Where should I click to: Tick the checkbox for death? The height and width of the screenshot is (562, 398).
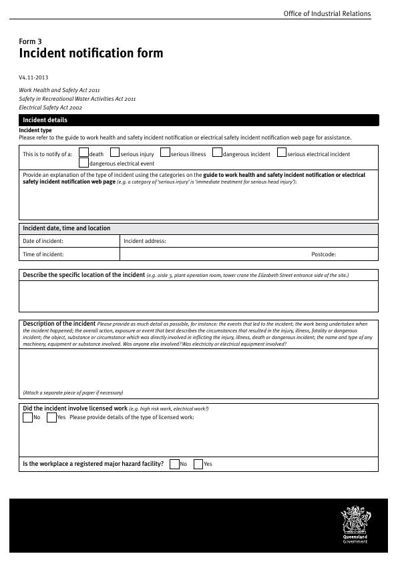tap(83, 153)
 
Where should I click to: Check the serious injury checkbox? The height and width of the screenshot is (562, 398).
tap(115, 153)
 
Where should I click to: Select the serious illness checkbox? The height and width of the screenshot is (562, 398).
tap(166, 153)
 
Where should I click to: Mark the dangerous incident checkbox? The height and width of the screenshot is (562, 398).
tap(217, 153)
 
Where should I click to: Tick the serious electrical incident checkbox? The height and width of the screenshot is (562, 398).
tap(282, 153)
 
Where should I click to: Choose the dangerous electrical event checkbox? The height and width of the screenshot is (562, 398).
tap(83, 162)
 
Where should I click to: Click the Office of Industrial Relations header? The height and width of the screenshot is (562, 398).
tap(327, 13)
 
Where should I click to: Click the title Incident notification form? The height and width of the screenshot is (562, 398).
tap(91, 53)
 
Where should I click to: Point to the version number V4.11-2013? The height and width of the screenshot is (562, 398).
tap(33, 77)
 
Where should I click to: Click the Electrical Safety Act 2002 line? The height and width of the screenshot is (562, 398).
tap(51, 107)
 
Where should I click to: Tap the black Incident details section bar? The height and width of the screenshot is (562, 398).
tap(198, 120)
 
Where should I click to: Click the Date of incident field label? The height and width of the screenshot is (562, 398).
tap(43, 241)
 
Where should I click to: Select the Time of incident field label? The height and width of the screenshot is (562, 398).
tap(43, 254)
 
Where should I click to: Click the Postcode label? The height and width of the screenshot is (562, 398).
tap(323, 254)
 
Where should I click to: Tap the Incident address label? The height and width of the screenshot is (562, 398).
tap(145, 241)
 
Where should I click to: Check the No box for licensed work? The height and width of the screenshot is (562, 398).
tap(27, 417)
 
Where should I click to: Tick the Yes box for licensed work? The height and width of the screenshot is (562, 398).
tap(51, 417)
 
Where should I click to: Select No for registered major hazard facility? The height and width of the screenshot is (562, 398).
tap(174, 464)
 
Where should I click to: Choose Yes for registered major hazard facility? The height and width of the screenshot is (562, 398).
tap(198, 464)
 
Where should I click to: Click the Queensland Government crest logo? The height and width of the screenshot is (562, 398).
tap(355, 525)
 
